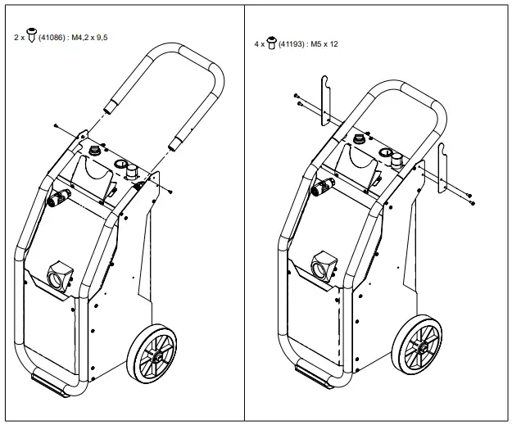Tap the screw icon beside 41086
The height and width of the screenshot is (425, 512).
[x=32, y=37]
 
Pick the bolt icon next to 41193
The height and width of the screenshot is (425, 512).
[x=273, y=42]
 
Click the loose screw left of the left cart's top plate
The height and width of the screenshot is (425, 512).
[x=55, y=124]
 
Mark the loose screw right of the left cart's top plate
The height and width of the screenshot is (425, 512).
[x=170, y=191]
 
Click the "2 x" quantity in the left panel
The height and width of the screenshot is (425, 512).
[x=20, y=38]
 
